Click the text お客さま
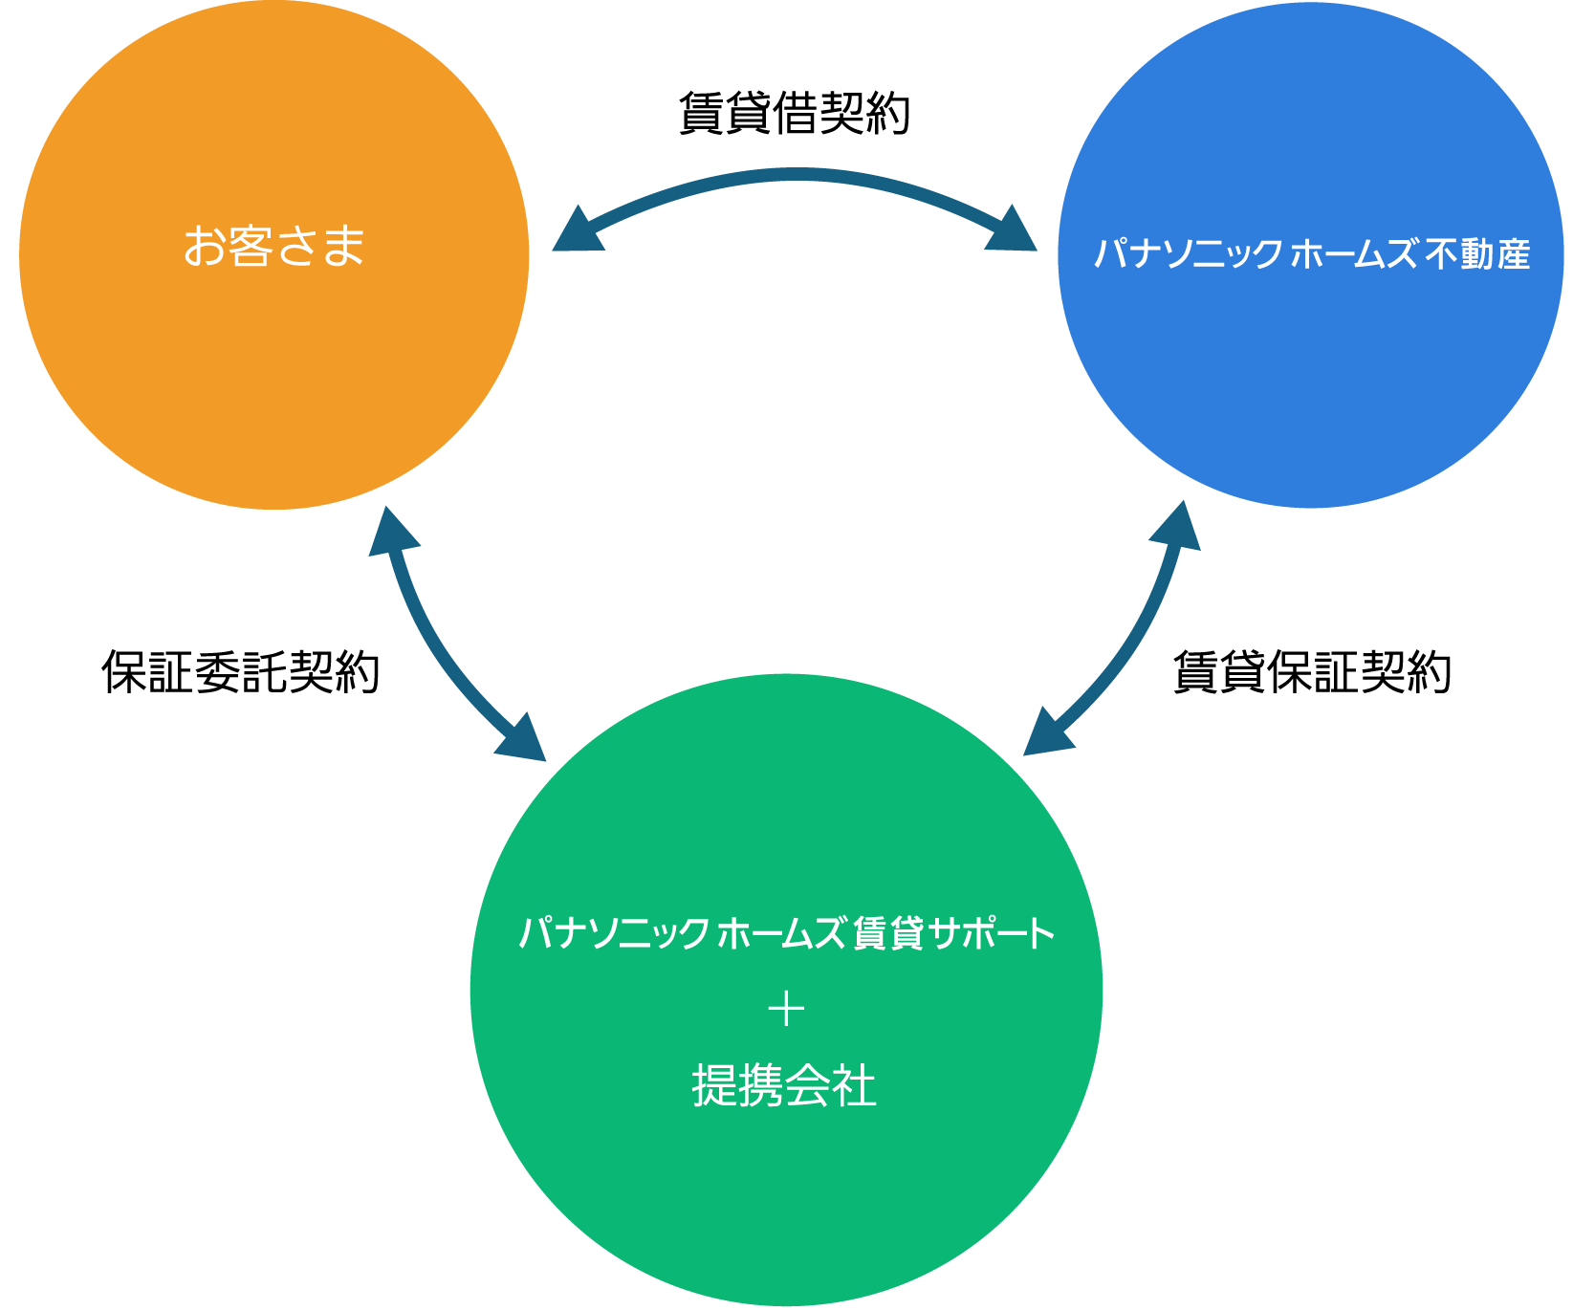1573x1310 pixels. (x=274, y=246)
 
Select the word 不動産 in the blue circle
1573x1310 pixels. (x=1477, y=254)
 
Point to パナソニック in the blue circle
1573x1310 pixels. (x=1188, y=254)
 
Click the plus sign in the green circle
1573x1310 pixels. (x=786, y=1010)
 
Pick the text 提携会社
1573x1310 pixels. (x=784, y=1086)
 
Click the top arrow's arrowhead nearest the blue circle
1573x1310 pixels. (x=1013, y=230)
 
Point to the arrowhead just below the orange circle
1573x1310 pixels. (x=391, y=534)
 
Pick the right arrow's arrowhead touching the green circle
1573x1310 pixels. (x=1046, y=734)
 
